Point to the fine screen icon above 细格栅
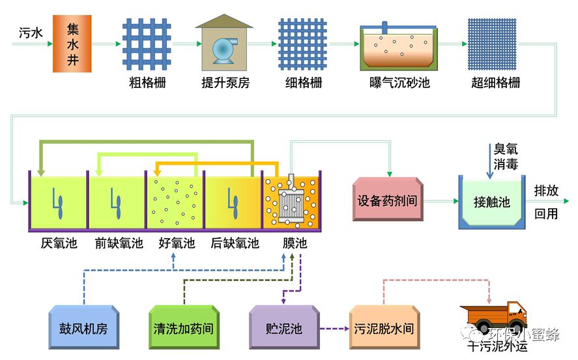pyautogui.click(x=302, y=44)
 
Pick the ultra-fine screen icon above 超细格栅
pyautogui.click(x=495, y=44)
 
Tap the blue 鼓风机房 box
pyautogui.click(x=83, y=327)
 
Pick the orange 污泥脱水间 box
pyautogui.click(x=383, y=327)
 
